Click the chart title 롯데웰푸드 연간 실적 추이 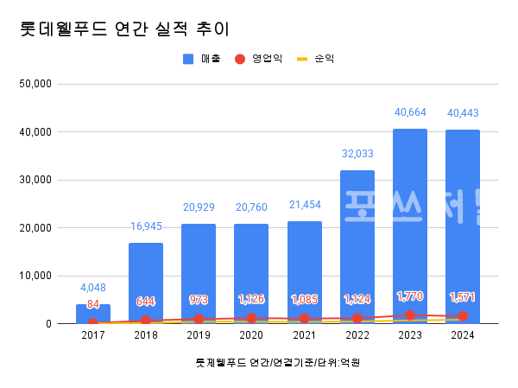click(123, 29)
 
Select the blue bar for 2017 click(93, 314)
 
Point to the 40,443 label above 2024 click(463, 112)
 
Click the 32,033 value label click(357, 153)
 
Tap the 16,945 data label click(146, 226)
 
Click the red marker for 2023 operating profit click(410, 315)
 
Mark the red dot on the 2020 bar click(251, 319)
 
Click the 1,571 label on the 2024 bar click(463, 297)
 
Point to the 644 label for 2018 click(146, 302)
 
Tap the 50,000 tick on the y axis click(36, 84)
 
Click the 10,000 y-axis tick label click(36, 276)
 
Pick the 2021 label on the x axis click(304, 335)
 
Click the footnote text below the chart click(277, 363)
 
